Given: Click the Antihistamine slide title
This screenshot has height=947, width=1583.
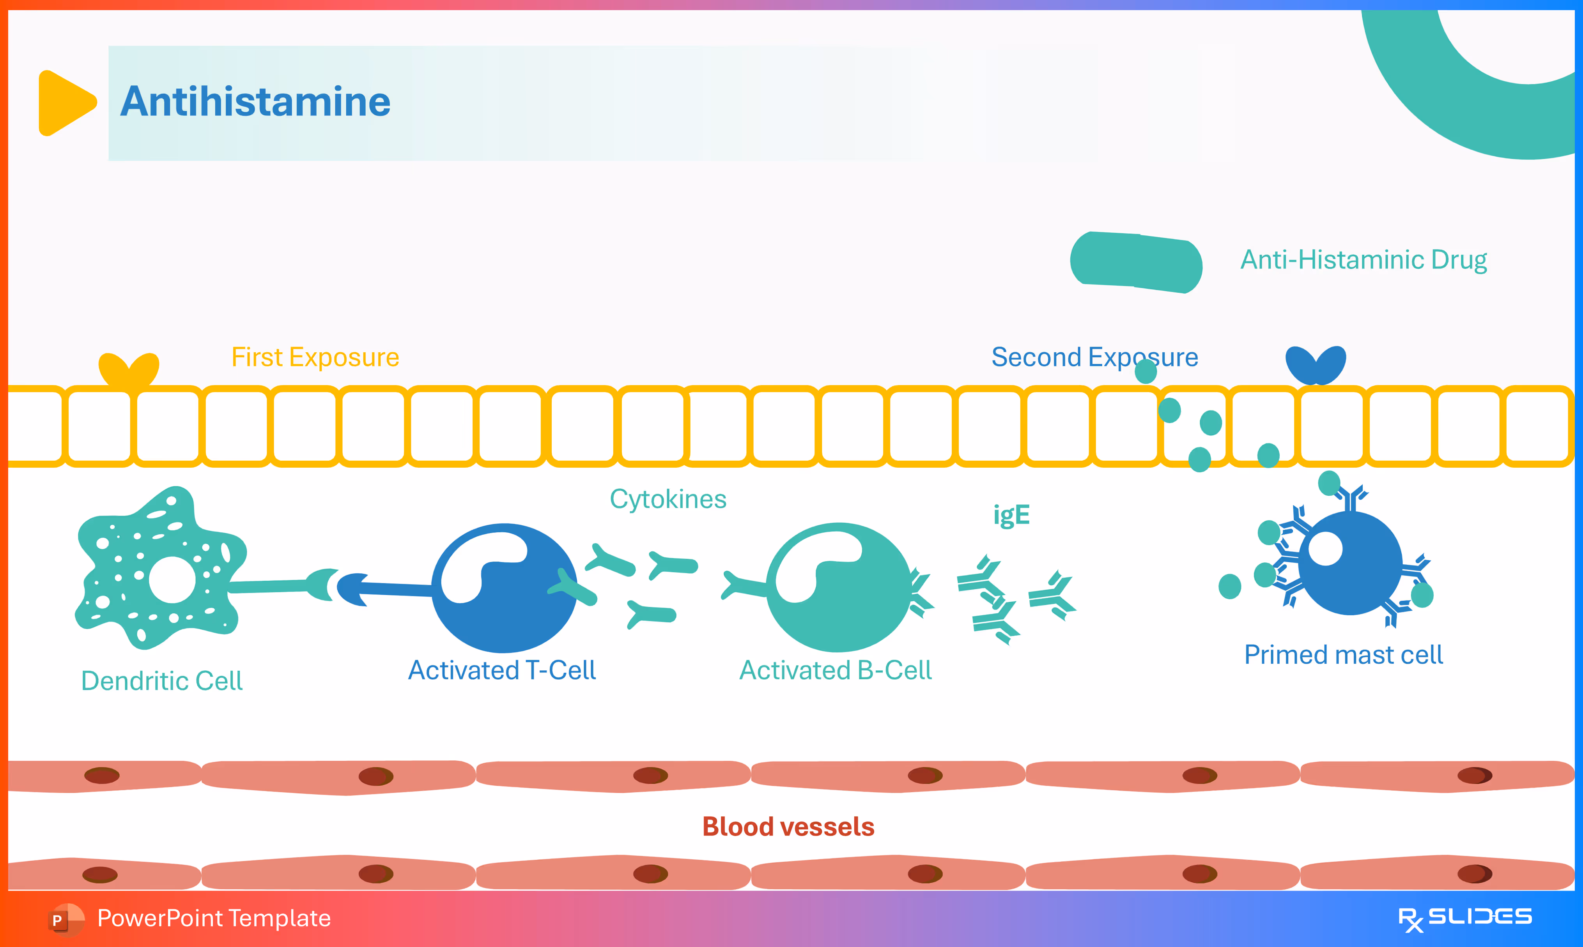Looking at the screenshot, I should pyautogui.click(x=255, y=102).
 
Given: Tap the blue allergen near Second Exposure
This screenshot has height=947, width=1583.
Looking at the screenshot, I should pyautogui.click(x=1316, y=365).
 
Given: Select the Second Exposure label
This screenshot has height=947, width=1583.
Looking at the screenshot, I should pyautogui.click(x=1094, y=357).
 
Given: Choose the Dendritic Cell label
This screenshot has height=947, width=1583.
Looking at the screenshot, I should pyautogui.click(x=161, y=681).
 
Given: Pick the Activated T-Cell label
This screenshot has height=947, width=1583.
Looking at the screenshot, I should pyautogui.click(x=502, y=670).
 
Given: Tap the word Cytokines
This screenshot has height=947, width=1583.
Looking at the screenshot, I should pyautogui.click(x=668, y=499).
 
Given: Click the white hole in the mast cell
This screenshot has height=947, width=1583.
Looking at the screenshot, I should pyautogui.click(x=1325, y=549).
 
